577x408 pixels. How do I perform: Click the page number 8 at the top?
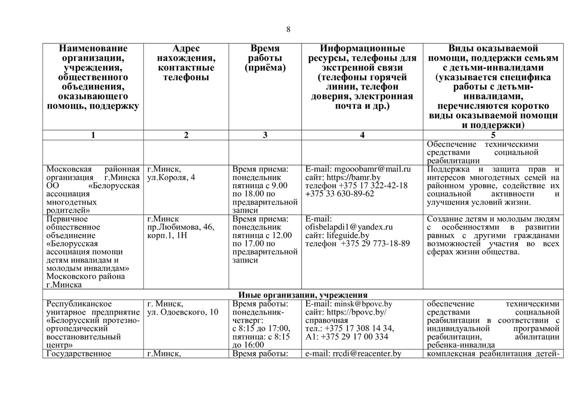[288, 29]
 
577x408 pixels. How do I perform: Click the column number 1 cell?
[93, 135]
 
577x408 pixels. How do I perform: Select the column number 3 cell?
[265, 135]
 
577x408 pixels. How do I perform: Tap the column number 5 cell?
[493, 135]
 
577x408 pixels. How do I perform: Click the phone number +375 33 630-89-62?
[340, 194]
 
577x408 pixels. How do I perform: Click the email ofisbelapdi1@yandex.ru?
[349, 227]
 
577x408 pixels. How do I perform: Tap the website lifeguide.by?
[347, 235]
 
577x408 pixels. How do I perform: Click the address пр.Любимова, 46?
[181, 227]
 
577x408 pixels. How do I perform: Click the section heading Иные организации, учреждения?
[303, 295]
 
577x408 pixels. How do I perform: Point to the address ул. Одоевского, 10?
[183, 312]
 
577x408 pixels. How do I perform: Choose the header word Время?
[265, 48]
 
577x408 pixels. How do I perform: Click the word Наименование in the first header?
[93, 48]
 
